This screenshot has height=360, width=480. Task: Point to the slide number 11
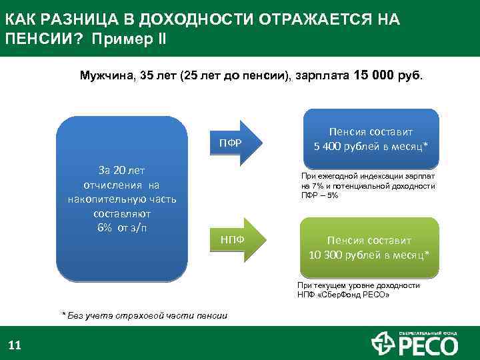click(15, 345)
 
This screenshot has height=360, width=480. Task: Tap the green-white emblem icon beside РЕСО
click(383, 344)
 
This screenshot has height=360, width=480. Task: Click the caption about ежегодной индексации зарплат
click(368, 185)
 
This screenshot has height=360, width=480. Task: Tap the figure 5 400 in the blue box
click(328, 146)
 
